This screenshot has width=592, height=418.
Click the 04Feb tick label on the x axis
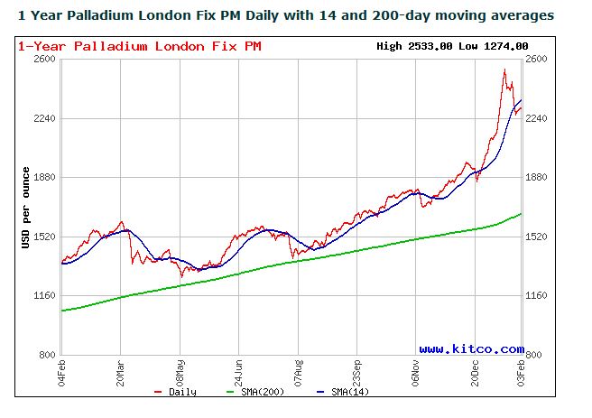62,371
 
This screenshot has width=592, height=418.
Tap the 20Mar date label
121,371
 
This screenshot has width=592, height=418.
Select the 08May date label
180,371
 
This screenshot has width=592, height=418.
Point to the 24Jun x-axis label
238,371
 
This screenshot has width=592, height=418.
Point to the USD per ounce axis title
28,208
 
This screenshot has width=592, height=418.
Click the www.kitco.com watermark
471,348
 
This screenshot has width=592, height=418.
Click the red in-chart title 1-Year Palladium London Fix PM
140,46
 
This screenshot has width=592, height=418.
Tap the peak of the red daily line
504,70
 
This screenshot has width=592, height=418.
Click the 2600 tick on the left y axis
45,59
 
